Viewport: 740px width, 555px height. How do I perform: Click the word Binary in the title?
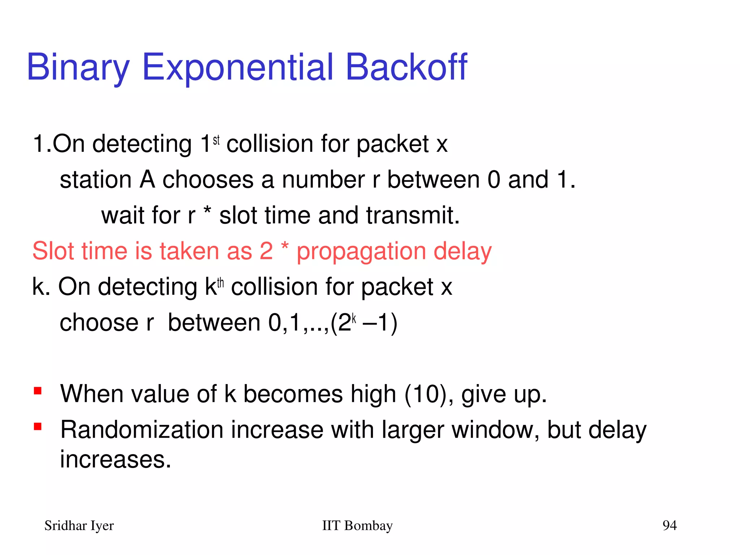pos(78,68)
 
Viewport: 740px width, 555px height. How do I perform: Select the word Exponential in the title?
pos(238,68)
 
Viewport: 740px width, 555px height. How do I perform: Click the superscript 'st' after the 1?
pos(216,140)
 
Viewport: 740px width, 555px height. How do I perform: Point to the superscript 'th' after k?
pos(220,283)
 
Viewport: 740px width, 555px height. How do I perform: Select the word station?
pos(96,180)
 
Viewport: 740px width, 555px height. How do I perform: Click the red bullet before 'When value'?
pos(38,391)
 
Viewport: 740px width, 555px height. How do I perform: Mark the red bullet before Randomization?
pos(38,427)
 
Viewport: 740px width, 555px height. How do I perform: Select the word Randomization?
pos(142,430)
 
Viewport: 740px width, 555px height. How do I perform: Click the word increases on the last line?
pos(115,460)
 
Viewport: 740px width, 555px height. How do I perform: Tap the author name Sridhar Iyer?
pos(79,525)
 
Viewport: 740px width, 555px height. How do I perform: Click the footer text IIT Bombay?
pos(357,525)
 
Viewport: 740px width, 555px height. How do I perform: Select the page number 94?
pos(669,525)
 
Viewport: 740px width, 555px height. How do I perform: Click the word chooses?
pos(208,180)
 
